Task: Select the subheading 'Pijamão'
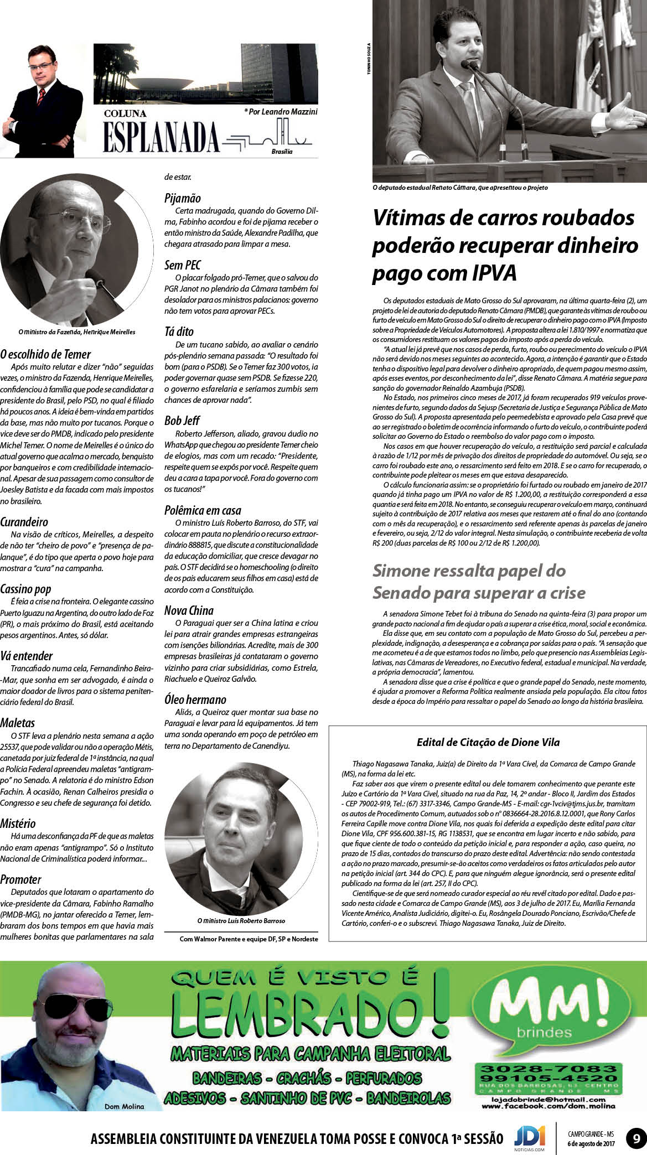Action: coord(183,198)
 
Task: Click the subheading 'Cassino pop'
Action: coord(25,589)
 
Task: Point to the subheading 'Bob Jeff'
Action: coord(182,420)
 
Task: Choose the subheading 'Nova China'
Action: coord(189,610)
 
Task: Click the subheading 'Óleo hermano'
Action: coord(195,700)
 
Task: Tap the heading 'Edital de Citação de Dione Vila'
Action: coord(488,742)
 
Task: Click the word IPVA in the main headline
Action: coord(486,273)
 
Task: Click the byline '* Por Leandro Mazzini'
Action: coord(281,112)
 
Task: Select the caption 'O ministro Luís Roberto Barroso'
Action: coord(241,921)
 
